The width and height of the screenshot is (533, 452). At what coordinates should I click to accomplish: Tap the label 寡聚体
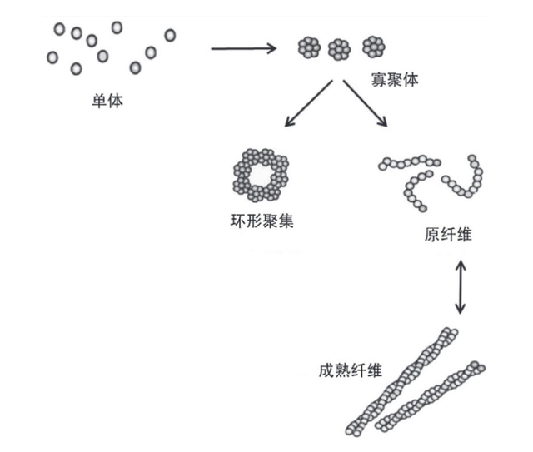396,81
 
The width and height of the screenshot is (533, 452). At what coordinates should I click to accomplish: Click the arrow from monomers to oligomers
243,48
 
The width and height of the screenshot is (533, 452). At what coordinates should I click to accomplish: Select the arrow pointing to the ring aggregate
308,104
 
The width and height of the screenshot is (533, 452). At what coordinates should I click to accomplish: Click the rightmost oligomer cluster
371,50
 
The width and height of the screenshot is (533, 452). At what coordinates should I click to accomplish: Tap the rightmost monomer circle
170,35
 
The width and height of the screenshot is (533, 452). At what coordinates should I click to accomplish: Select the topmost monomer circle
117,27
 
